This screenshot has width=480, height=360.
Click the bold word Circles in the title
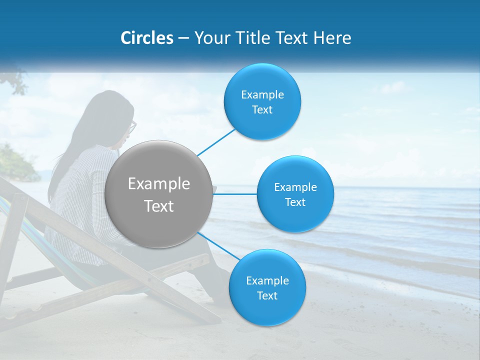coord(147,38)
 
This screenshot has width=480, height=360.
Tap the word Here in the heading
coord(334,38)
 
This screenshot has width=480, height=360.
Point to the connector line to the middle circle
coord(235,194)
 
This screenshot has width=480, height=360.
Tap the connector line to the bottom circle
coord(217,245)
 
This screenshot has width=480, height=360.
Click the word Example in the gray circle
coord(159,184)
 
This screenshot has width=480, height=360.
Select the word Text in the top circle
coord(262,110)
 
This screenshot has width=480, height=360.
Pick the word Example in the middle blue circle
coord(295,187)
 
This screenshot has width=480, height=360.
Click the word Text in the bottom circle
coord(267,296)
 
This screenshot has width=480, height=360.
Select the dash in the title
coord(183,38)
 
